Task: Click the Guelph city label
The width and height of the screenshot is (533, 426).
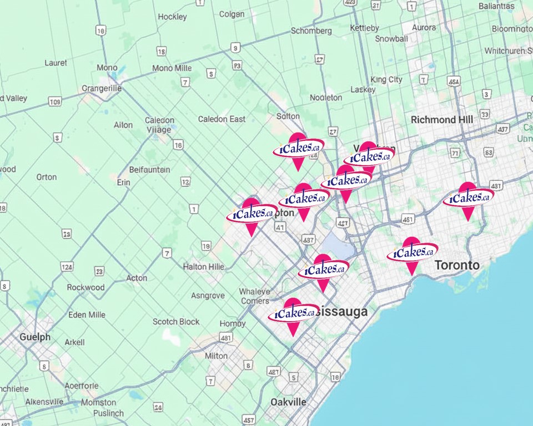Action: (x=34, y=337)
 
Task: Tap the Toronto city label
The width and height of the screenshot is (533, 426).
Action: (x=456, y=265)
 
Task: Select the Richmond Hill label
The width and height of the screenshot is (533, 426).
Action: (x=441, y=120)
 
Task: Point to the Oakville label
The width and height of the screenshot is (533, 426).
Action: (x=288, y=402)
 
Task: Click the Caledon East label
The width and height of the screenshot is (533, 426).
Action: (x=222, y=119)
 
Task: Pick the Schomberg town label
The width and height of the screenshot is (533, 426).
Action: (x=311, y=31)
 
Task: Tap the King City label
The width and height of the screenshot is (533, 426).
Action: (x=386, y=80)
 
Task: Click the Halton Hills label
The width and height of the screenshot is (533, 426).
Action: (x=204, y=267)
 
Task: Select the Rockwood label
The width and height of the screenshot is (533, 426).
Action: (x=86, y=287)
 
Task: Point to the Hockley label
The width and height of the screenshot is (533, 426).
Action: (x=172, y=17)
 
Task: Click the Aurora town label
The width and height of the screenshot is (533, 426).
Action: (x=424, y=28)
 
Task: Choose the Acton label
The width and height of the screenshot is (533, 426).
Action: (x=137, y=278)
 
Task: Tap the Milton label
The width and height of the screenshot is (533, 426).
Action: (x=216, y=356)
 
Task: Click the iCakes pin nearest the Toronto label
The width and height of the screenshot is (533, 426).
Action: (x=411, y=253)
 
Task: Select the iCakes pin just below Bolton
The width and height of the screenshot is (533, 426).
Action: (x=298, y=149)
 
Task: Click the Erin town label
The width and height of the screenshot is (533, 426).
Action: (x=123, y=182)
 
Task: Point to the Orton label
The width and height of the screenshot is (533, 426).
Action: (x=46, y=177)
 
